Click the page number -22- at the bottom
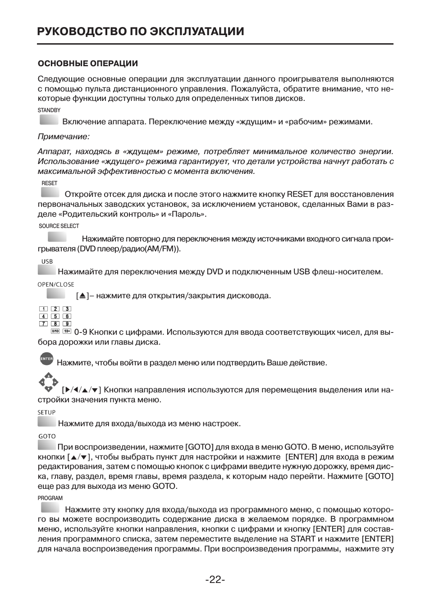coord(215,579)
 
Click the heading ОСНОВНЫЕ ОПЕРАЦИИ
coord(88,64)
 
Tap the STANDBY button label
coord(49,110)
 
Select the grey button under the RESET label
coord(50,193)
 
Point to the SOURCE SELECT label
coord(59,226)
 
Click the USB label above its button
coord(47,262)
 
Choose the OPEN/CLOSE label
coord(56,285)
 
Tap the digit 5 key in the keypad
coord(55,316)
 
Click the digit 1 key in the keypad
coord(43,309)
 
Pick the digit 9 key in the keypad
coord(67,323)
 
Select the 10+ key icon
coord(67,331)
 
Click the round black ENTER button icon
coord(46,359)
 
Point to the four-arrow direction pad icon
coord(48,382)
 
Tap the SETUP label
coord(46,413)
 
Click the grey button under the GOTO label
coord(46,446)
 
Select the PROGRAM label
coord(50,498)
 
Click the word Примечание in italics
coord(64,137)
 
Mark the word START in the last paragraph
coord(303,539)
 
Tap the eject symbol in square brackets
coord(82,296)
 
